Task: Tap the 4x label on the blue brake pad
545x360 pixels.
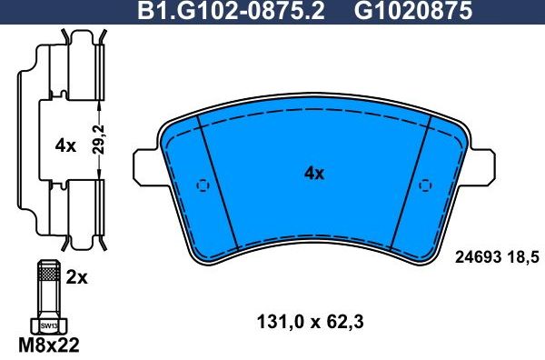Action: click(x=314, y=174)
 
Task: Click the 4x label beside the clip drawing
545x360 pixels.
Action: click(x=64, y=145)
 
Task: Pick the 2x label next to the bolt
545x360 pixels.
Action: click(x=78, y=278)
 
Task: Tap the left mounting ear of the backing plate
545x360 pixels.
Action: click(x=145, y=165)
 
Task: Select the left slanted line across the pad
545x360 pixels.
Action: click(x=218, y=182)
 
